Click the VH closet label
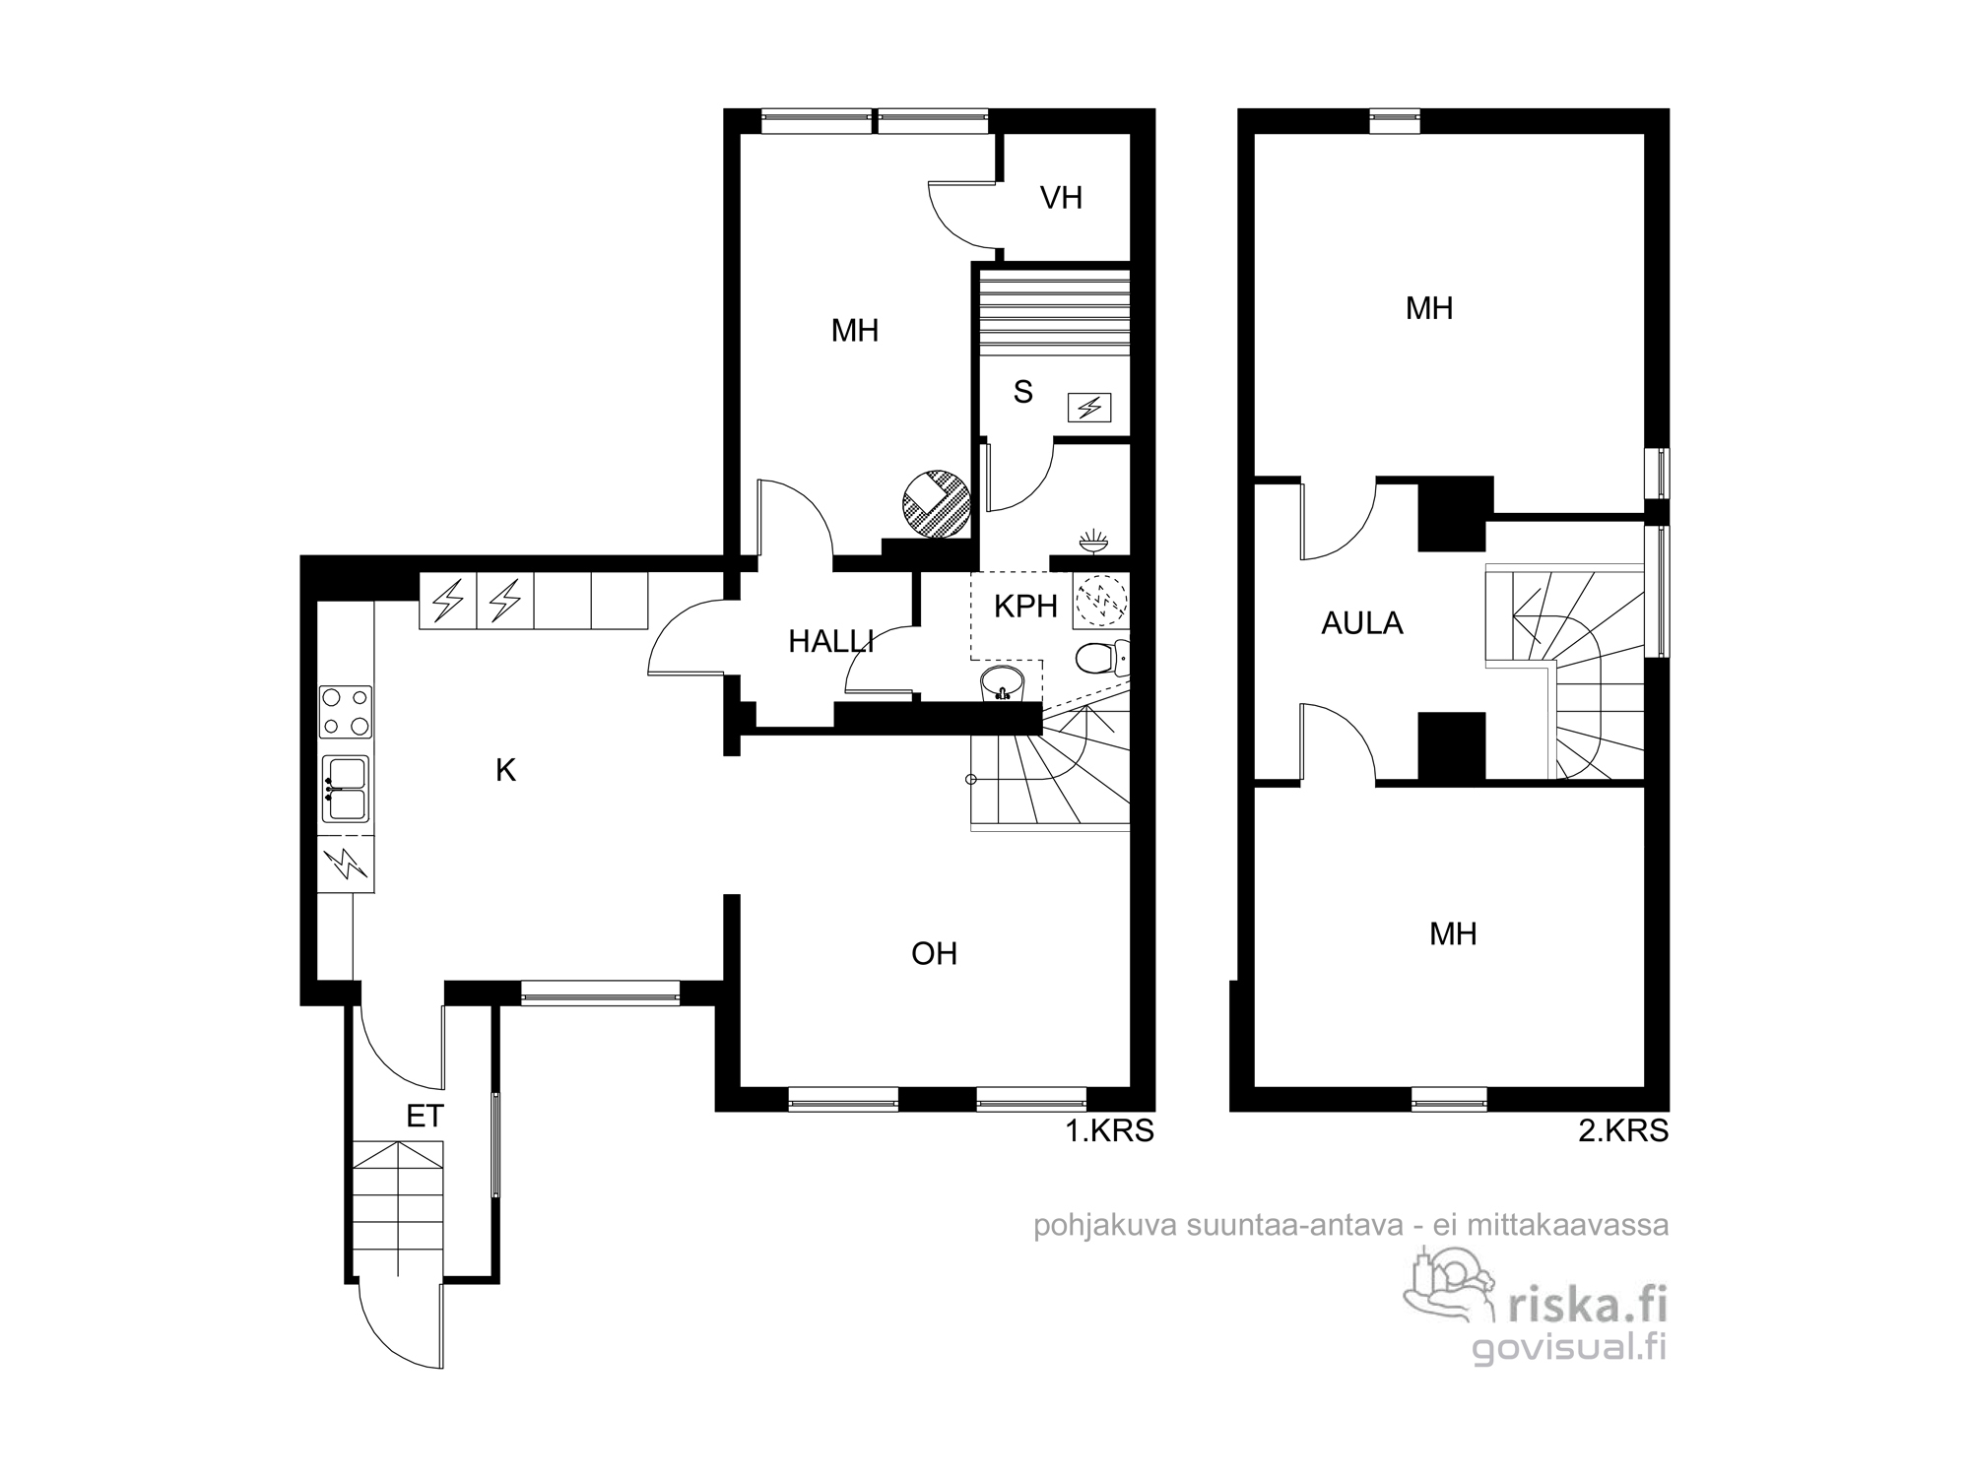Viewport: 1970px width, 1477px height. click(1061, 198)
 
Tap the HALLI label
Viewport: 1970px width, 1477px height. click(831, 642)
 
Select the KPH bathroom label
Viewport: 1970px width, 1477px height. click(1025, 607)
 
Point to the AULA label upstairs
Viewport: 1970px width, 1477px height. click(1362, 623)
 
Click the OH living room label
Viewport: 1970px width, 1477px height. click(934, 953)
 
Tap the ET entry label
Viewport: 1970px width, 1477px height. click(426, 1116)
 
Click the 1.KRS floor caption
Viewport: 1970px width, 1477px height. click(1110, 1131)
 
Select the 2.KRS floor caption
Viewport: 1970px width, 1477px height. click(1623, 1131)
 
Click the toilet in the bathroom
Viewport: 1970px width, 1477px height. click(1101, 658)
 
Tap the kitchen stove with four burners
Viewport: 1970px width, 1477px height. click(346, 712)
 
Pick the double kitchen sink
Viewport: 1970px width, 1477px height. click(345, 789)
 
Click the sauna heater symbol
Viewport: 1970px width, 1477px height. click(1090, 407)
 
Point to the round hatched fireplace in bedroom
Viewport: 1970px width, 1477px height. click(937, 504)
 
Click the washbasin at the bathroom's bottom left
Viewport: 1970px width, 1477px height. click(1003, 682)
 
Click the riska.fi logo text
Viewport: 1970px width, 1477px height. click(1588, 1306)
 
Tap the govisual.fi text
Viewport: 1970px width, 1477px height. click(1570, 1347)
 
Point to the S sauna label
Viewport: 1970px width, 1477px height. click(1023, 393)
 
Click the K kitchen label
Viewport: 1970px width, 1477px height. click(505, 770)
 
